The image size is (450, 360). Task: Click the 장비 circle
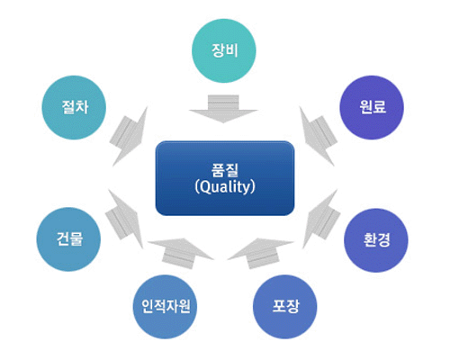pos(224,50)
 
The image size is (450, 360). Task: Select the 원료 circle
pos(372,107)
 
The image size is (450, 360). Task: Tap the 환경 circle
pos(376,240)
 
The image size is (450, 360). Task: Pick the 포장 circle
pos(285,307)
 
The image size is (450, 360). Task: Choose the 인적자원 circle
pos(165,307)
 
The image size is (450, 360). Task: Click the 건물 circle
pos(68,239)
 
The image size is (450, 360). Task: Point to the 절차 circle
pos(74,107)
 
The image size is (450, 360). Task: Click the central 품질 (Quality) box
pos(225,178)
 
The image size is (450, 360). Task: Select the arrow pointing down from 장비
pos(223,109)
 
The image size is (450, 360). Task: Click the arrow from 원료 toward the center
pos(319,135)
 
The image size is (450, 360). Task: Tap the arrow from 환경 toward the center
pos(320,219)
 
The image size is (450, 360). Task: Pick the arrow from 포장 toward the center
pos(260,253)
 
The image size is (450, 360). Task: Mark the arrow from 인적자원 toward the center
pos(181,253)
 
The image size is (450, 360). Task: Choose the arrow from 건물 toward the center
pos(124,219)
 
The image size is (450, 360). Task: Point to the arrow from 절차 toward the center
pos(129,136)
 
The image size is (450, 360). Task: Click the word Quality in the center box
pos(225,187)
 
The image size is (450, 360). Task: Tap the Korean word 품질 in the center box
pos(225,170)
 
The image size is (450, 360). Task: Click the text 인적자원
pos(166,306)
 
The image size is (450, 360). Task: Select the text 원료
pos(373,107)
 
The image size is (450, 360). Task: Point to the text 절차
pos(75,107)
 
